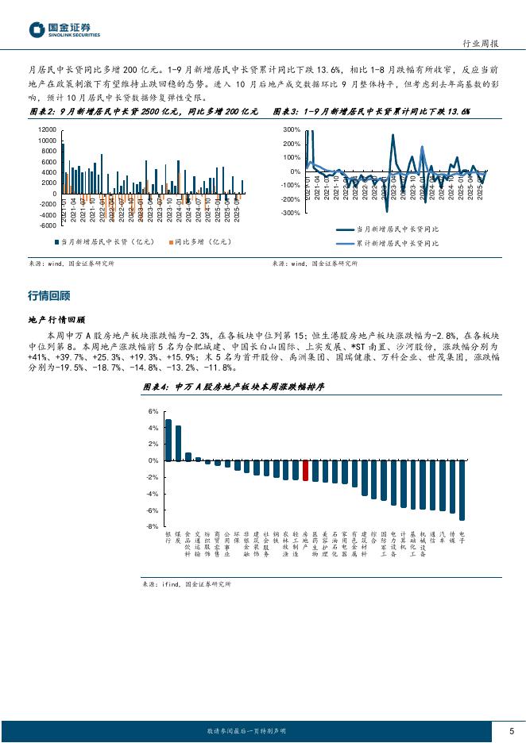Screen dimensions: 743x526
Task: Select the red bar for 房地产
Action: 306,471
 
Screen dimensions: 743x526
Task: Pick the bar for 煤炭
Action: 178,443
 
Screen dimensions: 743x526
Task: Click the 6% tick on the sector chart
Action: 153,411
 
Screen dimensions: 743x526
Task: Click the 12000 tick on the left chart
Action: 47,129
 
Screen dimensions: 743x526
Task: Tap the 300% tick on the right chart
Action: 291,129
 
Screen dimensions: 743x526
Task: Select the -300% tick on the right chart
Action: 289,213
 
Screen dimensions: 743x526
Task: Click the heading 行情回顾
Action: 48,296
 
